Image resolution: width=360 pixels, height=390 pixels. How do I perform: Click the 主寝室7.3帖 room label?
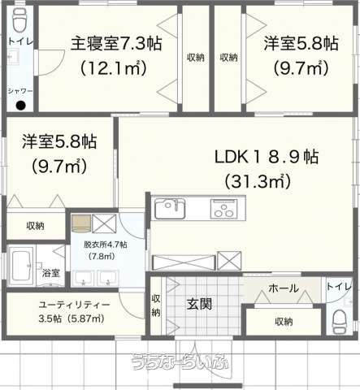coord(116,43)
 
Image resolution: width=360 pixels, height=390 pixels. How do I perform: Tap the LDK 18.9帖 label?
coord(267,157)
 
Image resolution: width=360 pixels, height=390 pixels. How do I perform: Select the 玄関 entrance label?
coord(199,304)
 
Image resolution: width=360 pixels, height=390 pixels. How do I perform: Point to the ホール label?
coord(284,288)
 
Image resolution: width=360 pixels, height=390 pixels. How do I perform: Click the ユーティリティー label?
coord(75,305)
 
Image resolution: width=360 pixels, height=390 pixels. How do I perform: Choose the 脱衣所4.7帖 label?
coord(106,245)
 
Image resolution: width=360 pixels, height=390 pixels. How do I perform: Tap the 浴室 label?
coord(50,273)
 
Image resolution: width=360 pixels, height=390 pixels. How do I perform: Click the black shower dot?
coord(20,105)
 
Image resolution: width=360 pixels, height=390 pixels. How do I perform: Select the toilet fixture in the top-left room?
coord(20,20)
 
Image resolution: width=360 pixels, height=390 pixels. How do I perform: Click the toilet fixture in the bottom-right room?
coord(340,322)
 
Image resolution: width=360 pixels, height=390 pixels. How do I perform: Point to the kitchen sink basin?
coord(170,209)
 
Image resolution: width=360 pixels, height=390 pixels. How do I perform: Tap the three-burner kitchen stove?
coord(223,209)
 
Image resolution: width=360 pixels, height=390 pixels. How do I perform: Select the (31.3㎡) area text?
coord(258,181)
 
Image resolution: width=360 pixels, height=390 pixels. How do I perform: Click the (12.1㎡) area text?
coord(114,67)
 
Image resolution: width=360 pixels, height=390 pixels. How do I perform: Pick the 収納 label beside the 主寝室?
coord(195,58)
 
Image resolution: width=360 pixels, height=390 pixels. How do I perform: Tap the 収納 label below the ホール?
coord(284,322)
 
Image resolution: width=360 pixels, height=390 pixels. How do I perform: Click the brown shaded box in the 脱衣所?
coord(81,223)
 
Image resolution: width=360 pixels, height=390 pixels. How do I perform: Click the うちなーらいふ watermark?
coord(180,362)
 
